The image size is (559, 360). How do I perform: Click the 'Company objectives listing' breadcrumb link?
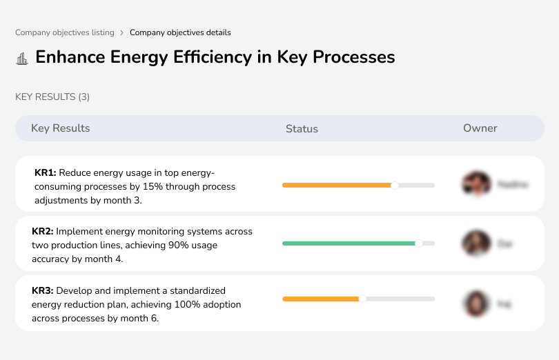(65, 32)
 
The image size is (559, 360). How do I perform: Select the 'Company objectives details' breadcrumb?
(180, 32)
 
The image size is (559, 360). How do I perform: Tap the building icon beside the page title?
(22, 58)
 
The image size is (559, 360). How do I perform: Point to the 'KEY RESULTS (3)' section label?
(52, 97)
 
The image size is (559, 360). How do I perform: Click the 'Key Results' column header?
(60, 128)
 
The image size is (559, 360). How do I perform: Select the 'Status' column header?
(302, 129)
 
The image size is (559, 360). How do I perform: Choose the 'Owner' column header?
(480, 128)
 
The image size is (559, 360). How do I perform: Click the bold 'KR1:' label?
(45, 173)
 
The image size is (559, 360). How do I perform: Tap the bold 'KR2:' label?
(43, 232)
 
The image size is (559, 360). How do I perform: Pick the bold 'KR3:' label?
(43, 291)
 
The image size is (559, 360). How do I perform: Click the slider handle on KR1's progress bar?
(395, 185)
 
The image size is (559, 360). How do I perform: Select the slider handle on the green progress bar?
(418, 243)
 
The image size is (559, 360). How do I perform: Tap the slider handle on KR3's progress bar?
(362, 299)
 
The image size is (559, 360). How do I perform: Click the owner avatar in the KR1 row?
(475, 184)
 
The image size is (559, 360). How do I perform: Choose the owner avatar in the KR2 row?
(475, 243)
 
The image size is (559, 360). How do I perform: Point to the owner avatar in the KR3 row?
(475, 303)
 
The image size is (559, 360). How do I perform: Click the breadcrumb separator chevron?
(121, 32)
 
